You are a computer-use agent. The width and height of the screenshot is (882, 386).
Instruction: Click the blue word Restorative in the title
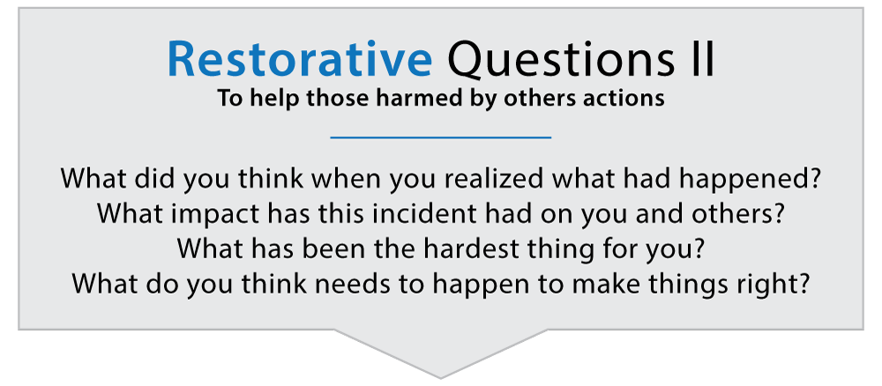tap(299, 61)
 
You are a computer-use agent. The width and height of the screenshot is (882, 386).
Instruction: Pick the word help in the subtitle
tap(286, 97)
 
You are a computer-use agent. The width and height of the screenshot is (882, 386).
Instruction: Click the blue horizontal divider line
tap(440, 137)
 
